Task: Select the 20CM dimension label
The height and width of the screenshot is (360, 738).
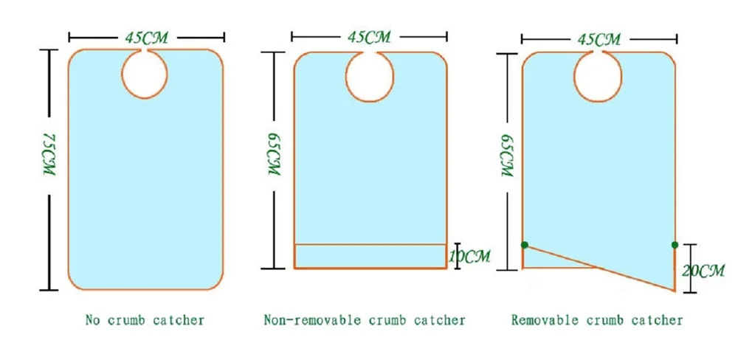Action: point(703,271)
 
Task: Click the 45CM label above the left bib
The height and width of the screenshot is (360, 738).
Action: point(145,35)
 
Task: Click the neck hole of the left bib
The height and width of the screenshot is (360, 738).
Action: point(145,75)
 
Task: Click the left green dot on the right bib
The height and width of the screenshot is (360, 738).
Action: point(524,244)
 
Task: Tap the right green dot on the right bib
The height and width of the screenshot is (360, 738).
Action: point(675,244)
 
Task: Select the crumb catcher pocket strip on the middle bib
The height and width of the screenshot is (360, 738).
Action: point(370,255)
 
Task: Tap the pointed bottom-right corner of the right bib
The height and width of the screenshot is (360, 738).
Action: point(675,290)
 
